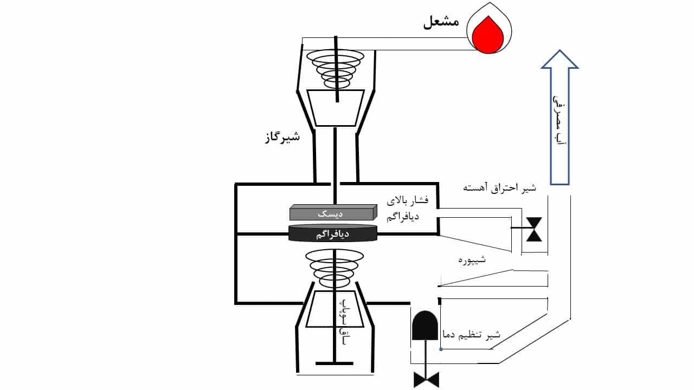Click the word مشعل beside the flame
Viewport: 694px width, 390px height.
click(441, 22)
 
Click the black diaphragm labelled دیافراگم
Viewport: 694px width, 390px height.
click(332, 233)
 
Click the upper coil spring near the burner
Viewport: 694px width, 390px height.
click(336, 68)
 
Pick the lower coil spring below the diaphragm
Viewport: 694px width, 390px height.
click(335, 269)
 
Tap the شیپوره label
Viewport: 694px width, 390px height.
click(472, 260)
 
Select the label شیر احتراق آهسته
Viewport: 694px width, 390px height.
click(499, 188)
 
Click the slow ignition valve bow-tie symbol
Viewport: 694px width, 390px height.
click(535, 229)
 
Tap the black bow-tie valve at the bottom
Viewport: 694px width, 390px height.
click(426, 379)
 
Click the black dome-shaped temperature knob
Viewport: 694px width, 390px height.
click(425, 326)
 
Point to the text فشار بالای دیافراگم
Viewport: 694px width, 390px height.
click(407, 209)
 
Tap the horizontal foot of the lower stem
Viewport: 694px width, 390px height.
click(335, 362)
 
